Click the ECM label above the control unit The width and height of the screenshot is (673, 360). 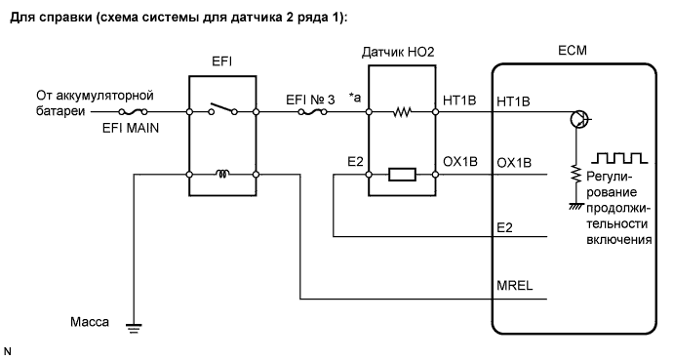570,49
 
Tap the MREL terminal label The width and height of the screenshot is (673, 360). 514,286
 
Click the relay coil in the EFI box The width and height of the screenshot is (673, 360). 222,177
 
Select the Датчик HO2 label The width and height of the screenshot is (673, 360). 402,50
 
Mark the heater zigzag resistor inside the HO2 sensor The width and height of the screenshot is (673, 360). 402,113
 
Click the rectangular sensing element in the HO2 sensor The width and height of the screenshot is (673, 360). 402,177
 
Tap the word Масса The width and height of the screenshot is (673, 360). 89,320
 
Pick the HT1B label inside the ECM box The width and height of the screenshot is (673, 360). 514,100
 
